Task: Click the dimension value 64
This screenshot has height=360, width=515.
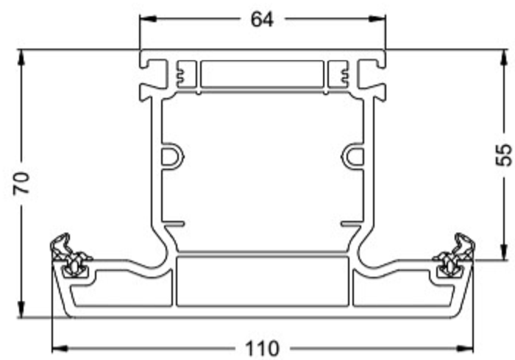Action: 262,20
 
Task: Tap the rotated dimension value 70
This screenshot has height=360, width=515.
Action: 23,183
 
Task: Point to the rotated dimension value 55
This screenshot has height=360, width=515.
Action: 503,155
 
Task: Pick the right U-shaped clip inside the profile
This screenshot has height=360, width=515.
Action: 352,156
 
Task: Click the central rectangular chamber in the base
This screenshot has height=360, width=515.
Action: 262,280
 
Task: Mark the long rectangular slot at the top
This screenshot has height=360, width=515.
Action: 262,74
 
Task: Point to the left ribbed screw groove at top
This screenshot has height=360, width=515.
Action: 181,74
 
